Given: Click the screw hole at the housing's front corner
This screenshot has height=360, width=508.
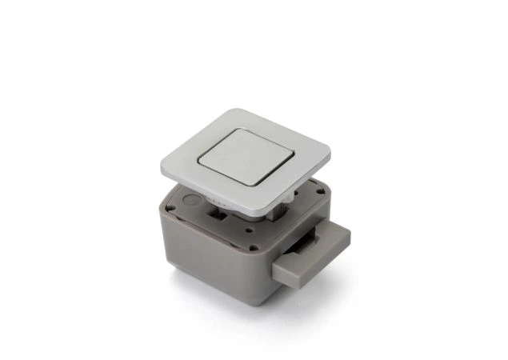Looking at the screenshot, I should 254,246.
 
